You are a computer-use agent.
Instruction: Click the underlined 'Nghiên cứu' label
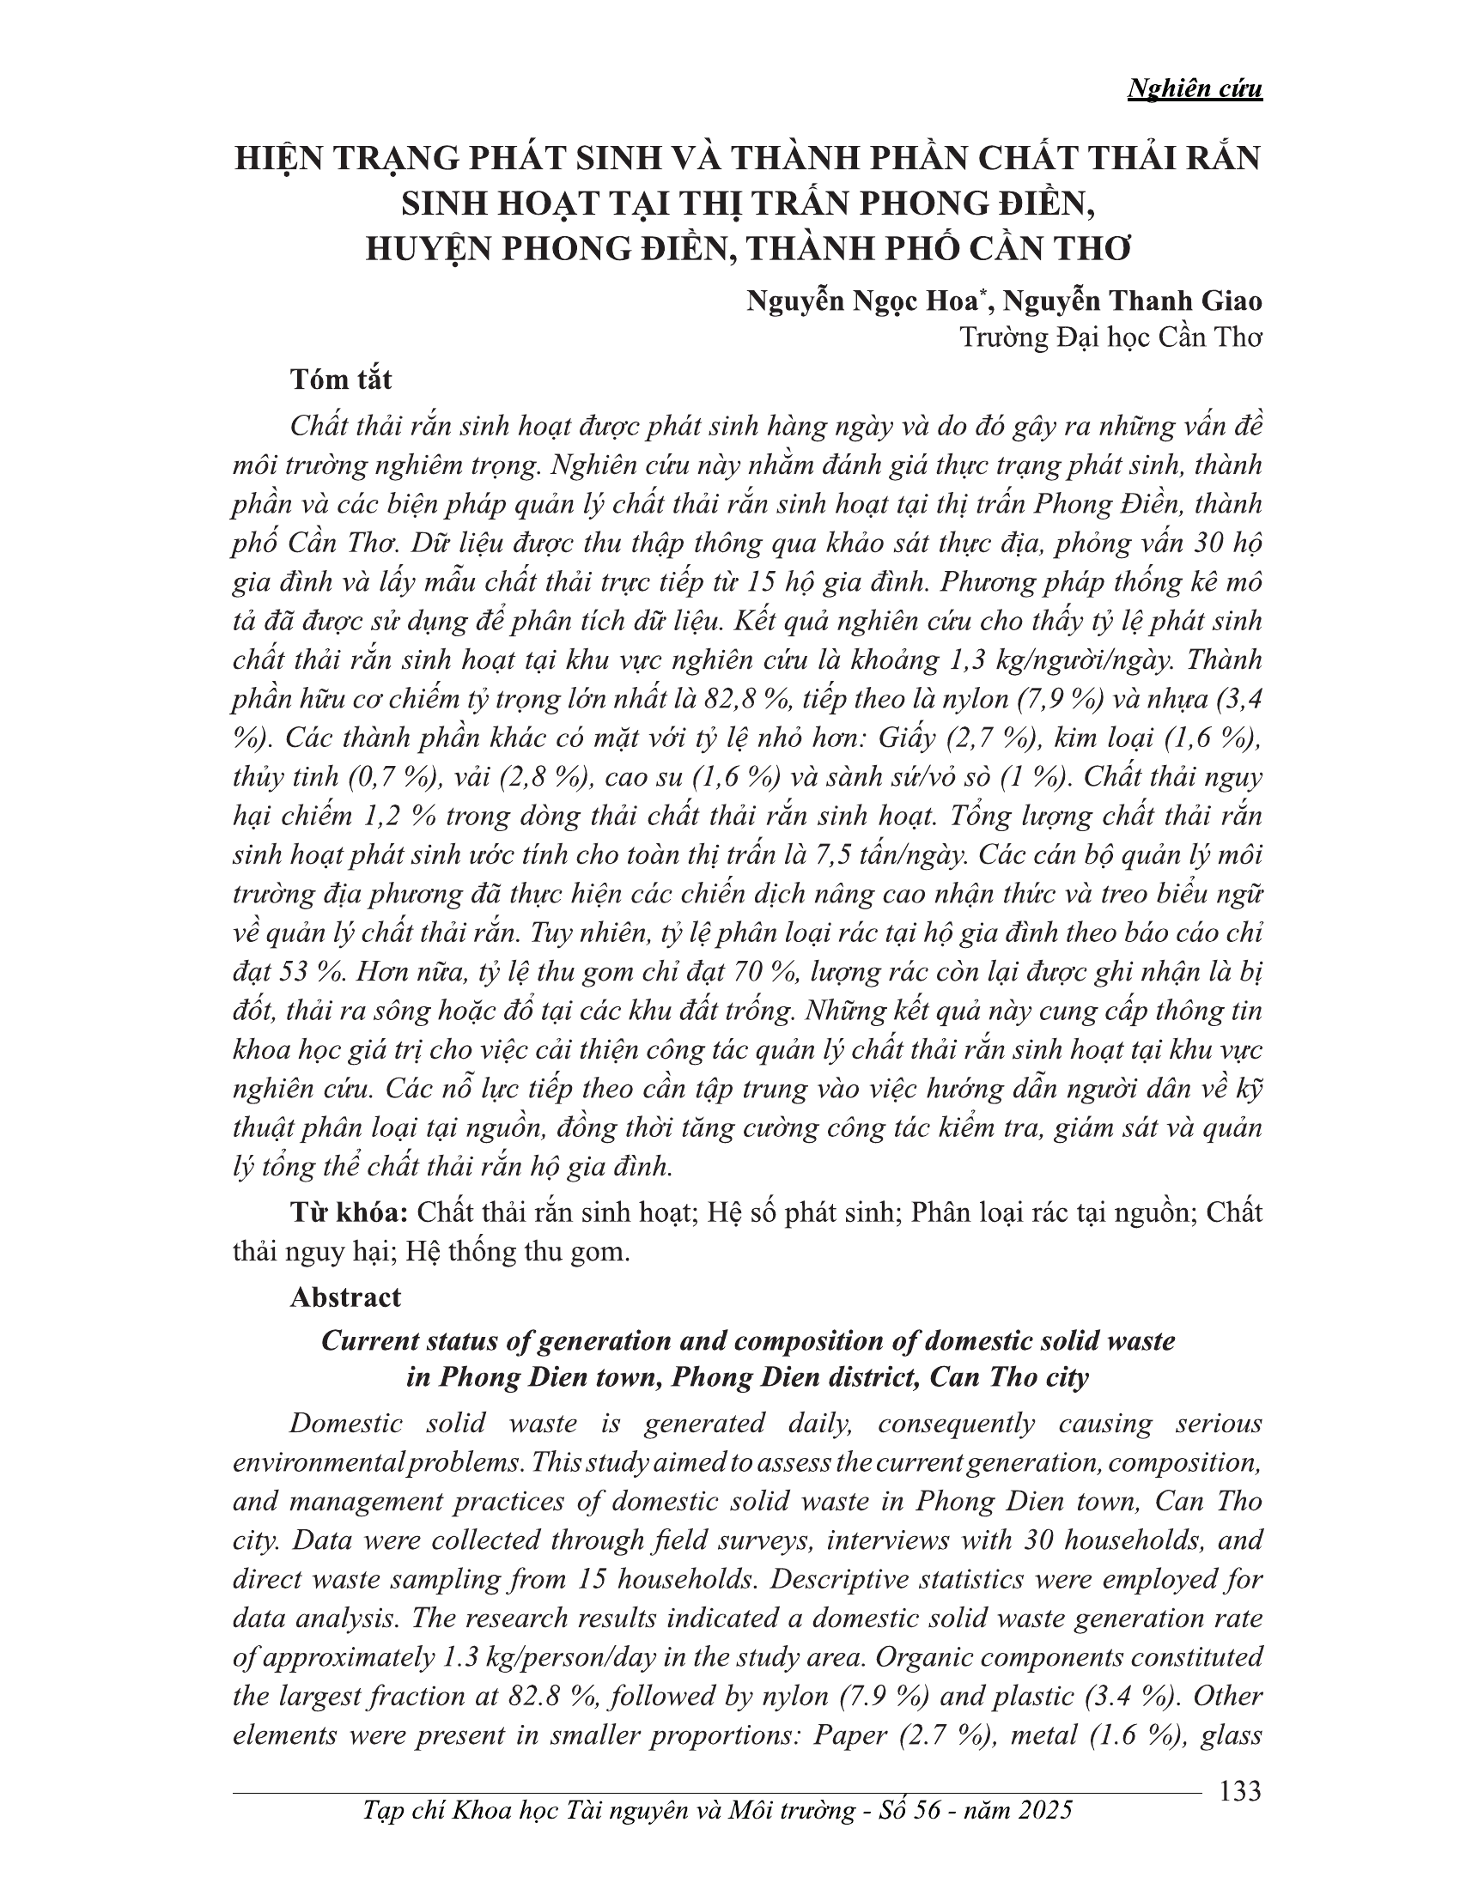(1195, 90)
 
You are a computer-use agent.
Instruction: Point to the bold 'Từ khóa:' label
(349, 1212)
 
